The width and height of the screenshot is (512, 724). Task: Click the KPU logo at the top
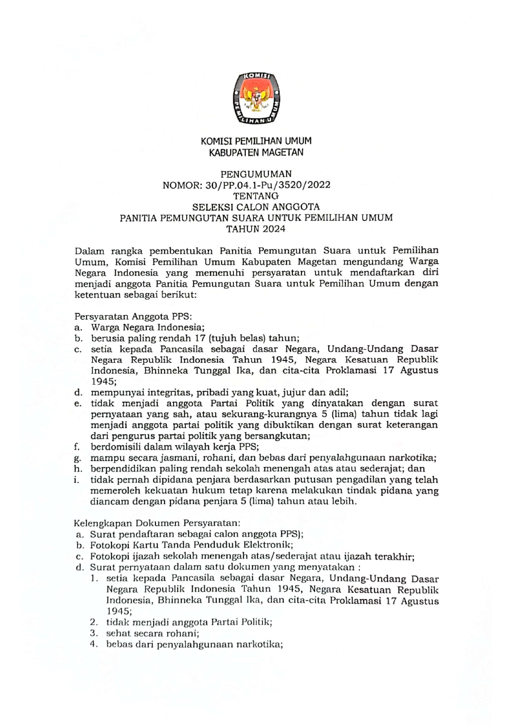coord(256,99)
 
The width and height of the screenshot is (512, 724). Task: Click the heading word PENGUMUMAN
coord(256,174)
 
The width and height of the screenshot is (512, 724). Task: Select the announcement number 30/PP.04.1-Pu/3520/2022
coord(268,185)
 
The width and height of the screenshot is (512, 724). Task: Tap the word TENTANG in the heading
coord(256,196)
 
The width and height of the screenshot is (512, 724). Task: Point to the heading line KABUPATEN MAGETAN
coord(256,153)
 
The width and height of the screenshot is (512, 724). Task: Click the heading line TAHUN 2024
coord(256,229)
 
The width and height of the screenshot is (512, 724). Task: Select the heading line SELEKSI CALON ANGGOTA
coord(256,207)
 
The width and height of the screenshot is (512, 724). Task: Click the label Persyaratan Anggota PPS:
coord(133,316)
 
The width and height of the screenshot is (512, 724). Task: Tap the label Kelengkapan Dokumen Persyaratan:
coord(157,523)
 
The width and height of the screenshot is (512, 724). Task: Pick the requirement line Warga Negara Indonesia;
coord(148,328)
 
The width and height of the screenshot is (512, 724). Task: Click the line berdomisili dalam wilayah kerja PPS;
coord(175,447)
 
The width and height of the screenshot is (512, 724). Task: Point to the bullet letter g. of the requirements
coord(77,458)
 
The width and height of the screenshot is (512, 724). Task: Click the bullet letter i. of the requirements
coord(76,480)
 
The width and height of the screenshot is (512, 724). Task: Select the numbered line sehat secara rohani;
coord(153,633)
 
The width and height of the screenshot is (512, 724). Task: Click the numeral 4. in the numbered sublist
coord(94,644)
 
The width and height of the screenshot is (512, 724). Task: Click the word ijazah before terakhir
coord(359,557)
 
